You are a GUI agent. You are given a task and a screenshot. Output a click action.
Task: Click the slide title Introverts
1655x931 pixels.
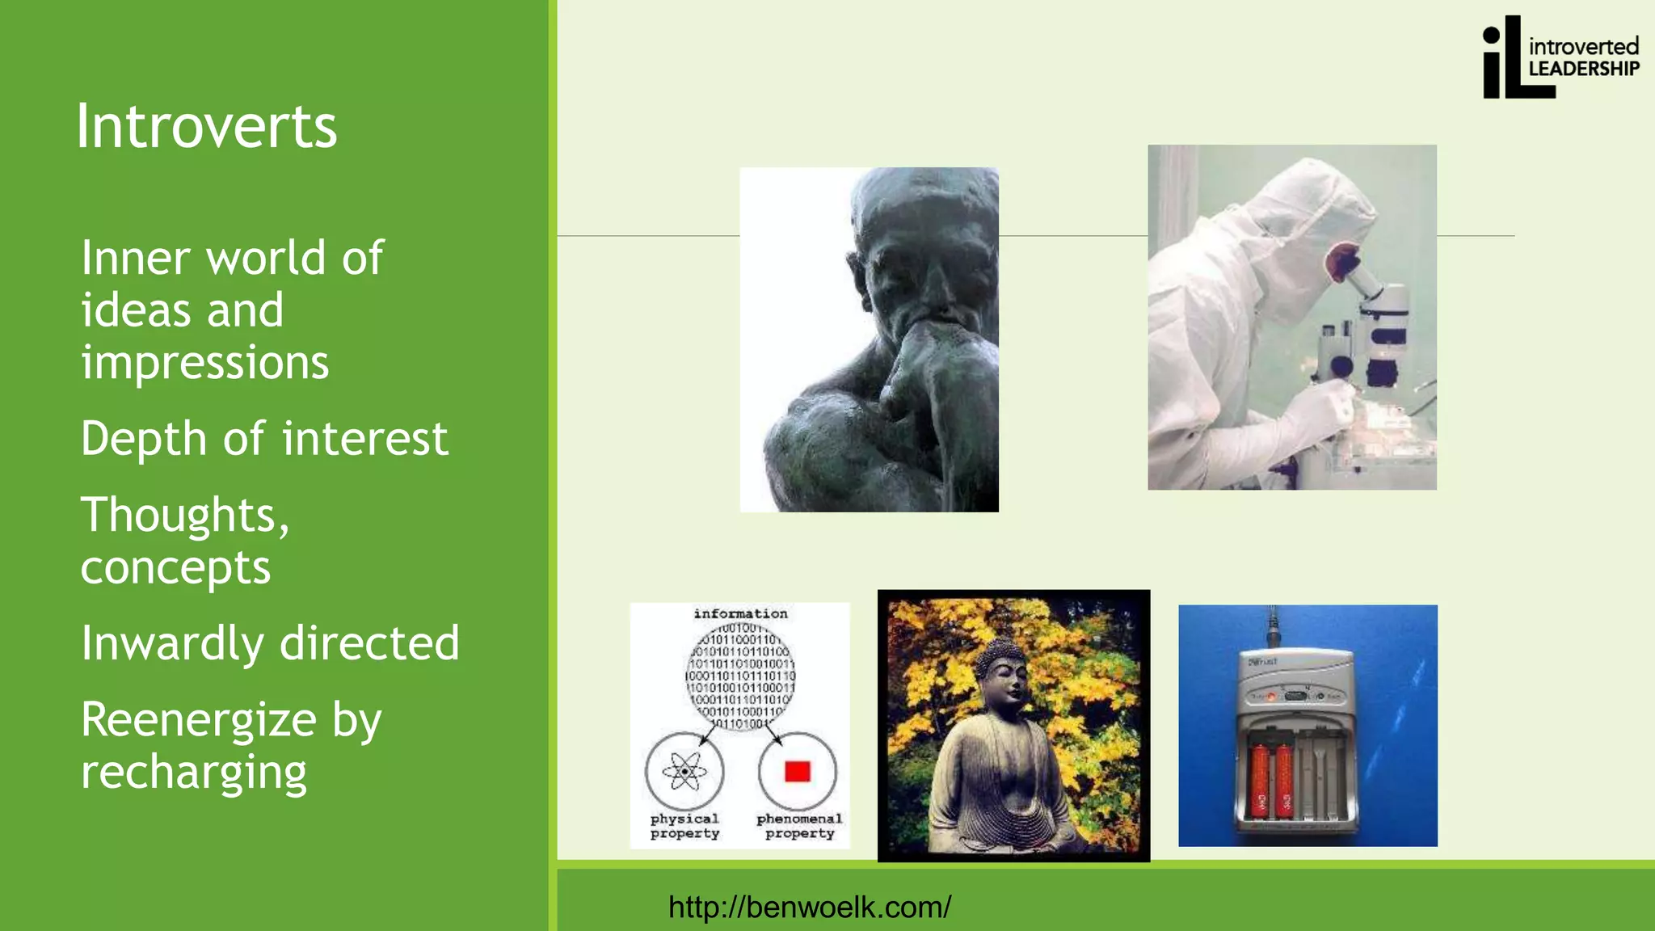click(207, 127)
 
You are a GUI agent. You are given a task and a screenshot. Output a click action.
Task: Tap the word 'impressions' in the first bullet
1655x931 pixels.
click(205, 363)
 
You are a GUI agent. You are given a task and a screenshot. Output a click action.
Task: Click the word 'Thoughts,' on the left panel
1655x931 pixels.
click(185, 516)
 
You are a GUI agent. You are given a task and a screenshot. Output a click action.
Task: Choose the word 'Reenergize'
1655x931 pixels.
click(199, 719)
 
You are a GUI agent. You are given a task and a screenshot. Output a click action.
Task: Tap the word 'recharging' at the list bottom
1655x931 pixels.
click(194, 773)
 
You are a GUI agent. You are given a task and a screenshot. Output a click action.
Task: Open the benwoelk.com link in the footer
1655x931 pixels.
click(810, 907)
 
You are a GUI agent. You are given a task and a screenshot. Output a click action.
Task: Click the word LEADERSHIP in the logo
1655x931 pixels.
click(1583, 69)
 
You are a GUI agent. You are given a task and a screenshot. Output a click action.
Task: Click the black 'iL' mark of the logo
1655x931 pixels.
click(1507, 61)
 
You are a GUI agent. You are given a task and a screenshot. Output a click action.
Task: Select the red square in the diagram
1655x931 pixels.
click(798, 772)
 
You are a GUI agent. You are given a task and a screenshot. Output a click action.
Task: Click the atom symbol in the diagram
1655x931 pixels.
click(684, 772)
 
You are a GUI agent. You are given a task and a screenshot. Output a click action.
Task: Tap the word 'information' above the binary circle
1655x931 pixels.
click(740, 614)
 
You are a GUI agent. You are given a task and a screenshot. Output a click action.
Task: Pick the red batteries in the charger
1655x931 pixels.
click(1271, 780)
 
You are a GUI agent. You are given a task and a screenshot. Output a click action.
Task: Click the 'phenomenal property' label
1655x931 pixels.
click(799, 826)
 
